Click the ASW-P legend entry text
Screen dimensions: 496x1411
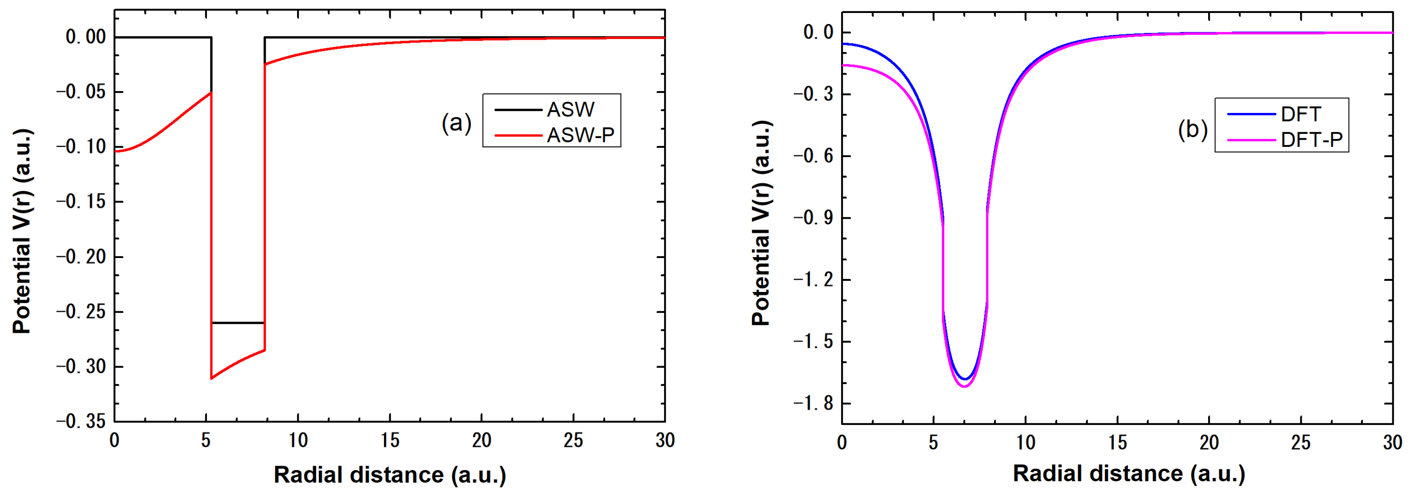(581, 135)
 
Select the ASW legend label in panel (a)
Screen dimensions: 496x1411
(570, 110)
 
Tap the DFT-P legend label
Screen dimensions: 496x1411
(1311, 140)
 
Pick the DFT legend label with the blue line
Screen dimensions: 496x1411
(1301, 114)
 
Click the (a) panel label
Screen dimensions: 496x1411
(456, 123)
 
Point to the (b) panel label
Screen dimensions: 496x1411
(1192, 129)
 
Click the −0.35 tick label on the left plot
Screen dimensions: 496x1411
(81, 421)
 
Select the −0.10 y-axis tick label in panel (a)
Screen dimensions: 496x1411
(81, 147)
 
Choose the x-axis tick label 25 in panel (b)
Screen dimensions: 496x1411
(1300, 442)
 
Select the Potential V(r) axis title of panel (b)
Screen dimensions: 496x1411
(761, 224)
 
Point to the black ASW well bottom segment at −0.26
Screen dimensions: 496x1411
(238, 323)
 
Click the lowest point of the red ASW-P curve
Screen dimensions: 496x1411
(211, 379)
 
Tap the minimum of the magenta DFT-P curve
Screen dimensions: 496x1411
(964, 387)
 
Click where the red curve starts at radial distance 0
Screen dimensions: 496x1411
(116, 151)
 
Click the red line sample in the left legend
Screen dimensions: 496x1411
(518, 135)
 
